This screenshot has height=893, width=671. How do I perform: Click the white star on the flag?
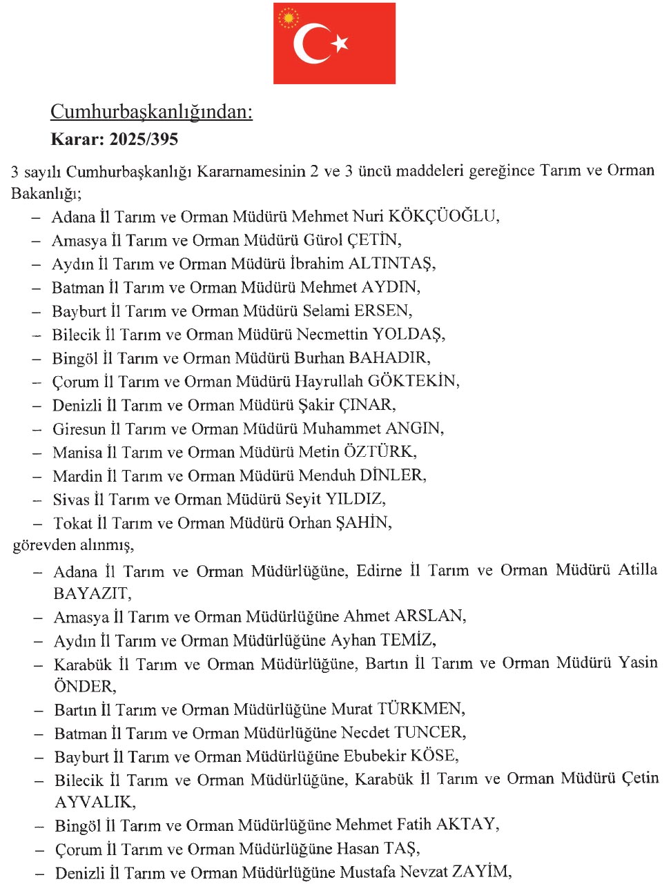pyautogui.click(x=340, y=43)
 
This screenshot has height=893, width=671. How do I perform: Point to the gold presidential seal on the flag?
pyautogui.click(x=288, y=17)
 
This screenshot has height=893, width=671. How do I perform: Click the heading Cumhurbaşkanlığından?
pyautogui.click(x=151, y=112)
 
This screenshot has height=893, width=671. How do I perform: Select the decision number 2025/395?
pyautogui.click(x=144, y=139)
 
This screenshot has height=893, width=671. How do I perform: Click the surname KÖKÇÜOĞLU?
pyautogui.click(x=443, y=216)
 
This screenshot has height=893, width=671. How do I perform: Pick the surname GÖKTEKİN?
pyautogui.click(x=412, y=381)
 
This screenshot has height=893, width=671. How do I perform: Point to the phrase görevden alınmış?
pyautogui.click(x=72, y=545)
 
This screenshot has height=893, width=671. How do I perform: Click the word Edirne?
pyautogui.click(x=379, y=571)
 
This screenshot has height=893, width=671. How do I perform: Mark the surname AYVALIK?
pyautogui.click(x=95, y=802)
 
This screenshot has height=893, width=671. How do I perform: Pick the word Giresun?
pyautogui.click(x=79, y=429)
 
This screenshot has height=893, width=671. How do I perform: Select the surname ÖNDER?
pyautogui.click(x=84, y=686)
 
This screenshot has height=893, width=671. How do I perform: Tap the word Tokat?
pyautogui.click(x=72, y=523)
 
